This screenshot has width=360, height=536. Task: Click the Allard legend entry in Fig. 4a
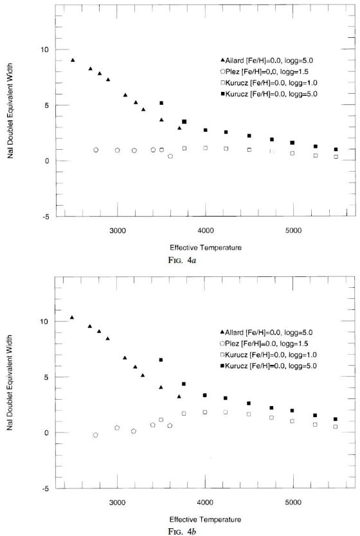pos(267,60)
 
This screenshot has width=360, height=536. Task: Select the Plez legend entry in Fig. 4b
pos(264,344)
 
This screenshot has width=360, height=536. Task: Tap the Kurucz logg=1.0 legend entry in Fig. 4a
pos(269,83)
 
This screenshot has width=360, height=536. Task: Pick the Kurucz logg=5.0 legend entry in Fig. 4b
pos(268,366)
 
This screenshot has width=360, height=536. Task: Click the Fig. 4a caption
pos(182,260)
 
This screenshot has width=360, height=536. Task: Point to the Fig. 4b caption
pos(182,532)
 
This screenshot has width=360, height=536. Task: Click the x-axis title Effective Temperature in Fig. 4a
pos(206,247)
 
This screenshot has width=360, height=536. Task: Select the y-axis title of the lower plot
pos(10,382)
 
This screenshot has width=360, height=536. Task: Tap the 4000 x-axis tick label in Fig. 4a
pos(206,230)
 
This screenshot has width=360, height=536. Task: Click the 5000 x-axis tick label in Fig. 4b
pos(293,502)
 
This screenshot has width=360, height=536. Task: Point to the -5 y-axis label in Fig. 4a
pos(46,217)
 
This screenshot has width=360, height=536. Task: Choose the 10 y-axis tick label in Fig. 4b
pos(45,321)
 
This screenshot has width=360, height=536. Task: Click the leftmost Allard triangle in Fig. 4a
pos(73,60)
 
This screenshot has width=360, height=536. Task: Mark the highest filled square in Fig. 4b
pos(161,360)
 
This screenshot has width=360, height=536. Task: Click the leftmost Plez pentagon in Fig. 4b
pos(95,435)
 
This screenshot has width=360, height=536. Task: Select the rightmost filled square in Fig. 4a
pos(336,149)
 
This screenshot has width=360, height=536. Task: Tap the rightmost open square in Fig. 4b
pos(336,427)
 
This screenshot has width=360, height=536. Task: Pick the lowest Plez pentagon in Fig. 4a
pos(170,156)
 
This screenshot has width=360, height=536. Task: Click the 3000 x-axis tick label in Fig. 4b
pos(117,502)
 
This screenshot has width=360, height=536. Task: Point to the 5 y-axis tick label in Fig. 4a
pos(47,105)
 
